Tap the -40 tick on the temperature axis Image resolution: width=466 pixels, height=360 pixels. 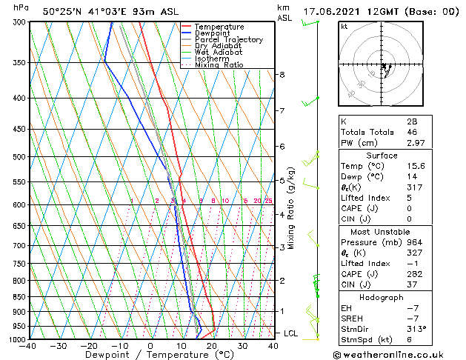click(28, 346)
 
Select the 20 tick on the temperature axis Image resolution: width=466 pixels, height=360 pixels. click(212, 346)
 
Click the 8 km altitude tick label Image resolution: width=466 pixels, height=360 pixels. click(282, 75)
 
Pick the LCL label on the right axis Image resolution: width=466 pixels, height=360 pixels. click(291, 333)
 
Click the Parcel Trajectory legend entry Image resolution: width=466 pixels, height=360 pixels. click(228, 40)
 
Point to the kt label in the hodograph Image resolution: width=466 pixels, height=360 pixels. click(344, 27)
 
